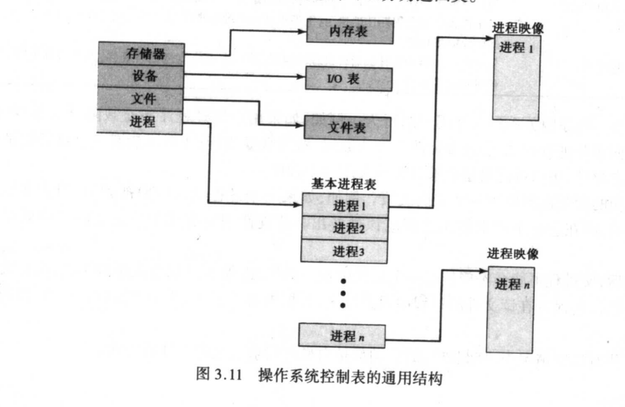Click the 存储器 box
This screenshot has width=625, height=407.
tap(140, 54)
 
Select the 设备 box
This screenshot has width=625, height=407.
tap(140, 75)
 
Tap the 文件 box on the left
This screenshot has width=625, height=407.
tap(140, 99)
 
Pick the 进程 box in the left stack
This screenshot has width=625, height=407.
tap(140, 122)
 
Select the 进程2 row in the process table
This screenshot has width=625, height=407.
tap(344, 228)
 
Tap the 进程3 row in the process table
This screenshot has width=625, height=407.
tap(344, 251)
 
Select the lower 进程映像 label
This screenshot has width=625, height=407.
tap(512, 254)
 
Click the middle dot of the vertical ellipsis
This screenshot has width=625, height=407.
tap(343, 294)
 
